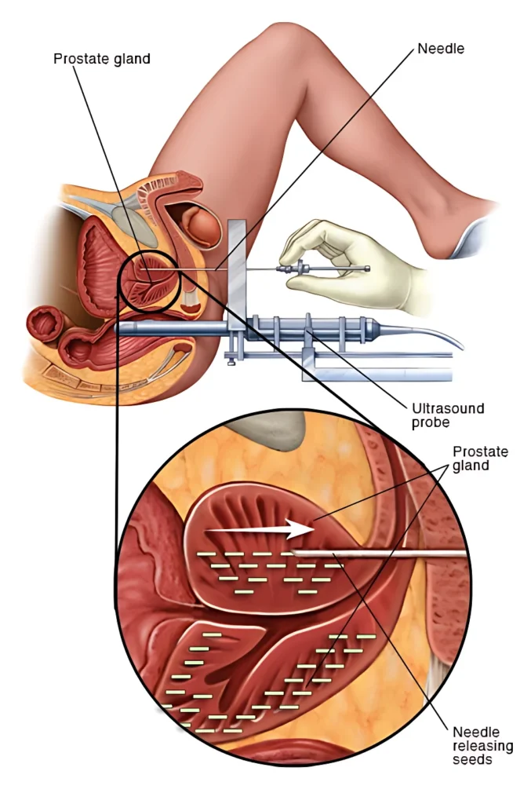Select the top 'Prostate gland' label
(x=102, y=59)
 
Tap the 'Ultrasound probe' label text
(x=448, y=416)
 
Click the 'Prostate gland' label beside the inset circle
(x=480, y=459)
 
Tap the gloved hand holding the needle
(x=345, y=251)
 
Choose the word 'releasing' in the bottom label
(x=482, y=745)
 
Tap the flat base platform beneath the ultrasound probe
(x=376, y=369)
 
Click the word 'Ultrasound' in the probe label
(x=448, y=408)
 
